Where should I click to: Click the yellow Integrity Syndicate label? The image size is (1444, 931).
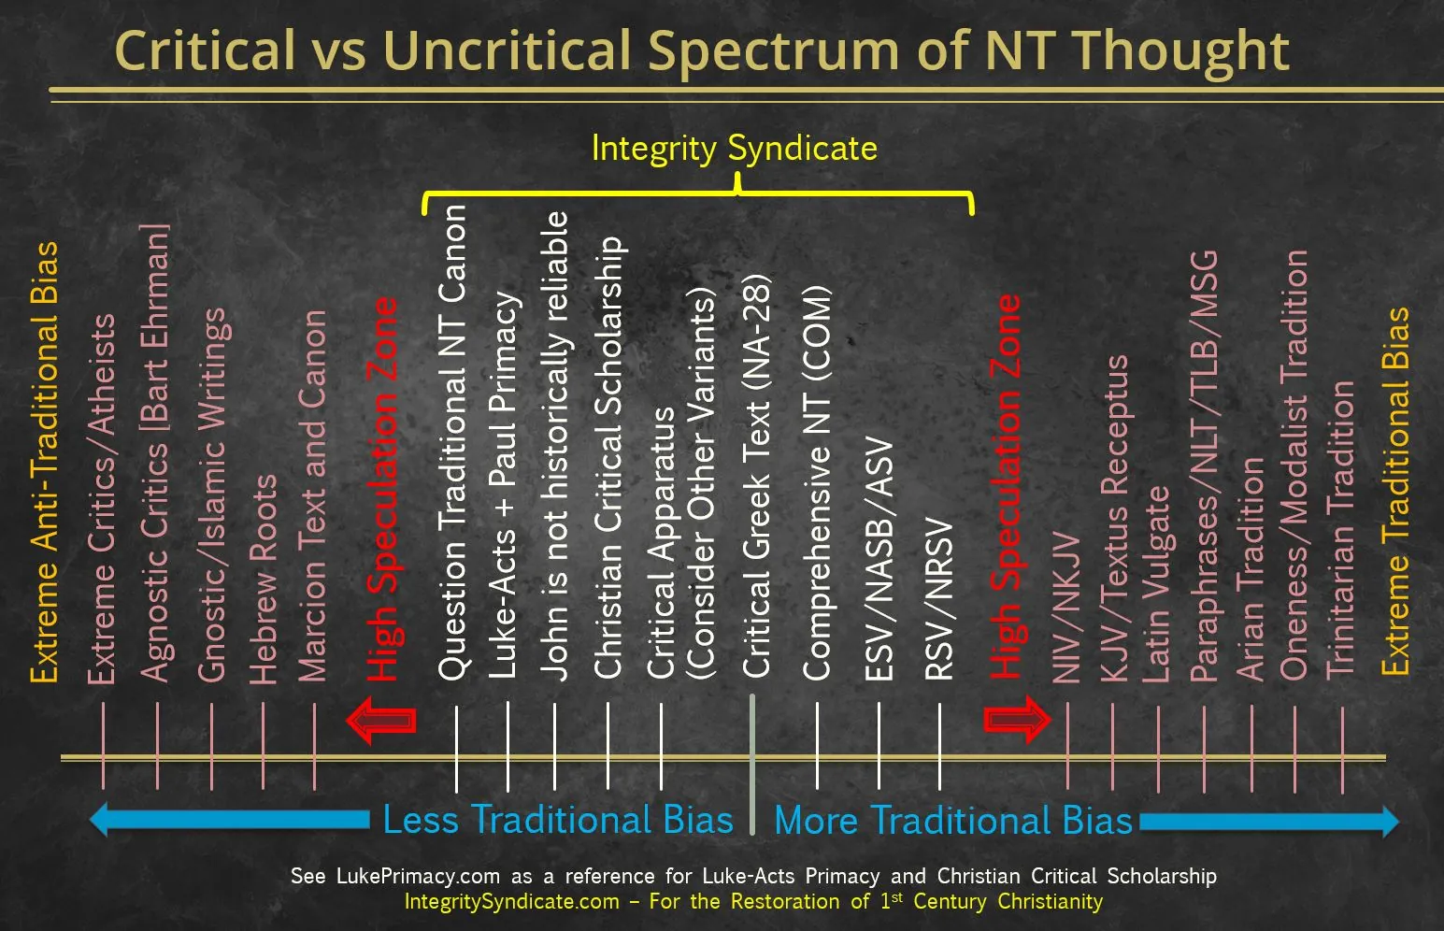click(x=735, y=150)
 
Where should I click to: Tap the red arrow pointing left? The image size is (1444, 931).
click(x=381, y=720)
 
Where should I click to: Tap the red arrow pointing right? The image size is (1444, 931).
click(x=1017, y=720)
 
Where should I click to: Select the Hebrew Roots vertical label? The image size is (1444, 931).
click(x=263, y=580)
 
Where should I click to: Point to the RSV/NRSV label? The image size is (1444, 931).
click(x=938, y=598)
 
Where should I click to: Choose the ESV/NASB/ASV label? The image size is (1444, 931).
click(x=879, y=558)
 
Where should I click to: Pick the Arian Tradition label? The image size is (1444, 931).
click(x=1250, y=569)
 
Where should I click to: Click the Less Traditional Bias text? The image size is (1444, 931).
click(x=558, y=820)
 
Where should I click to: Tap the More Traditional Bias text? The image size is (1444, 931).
click(x=952, y=820)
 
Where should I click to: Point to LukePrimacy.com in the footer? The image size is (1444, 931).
click(x=419, y=876)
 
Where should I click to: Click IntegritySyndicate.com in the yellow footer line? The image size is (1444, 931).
click(x=512, y=901)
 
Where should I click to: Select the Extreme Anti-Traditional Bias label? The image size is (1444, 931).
click(x=44, y=463)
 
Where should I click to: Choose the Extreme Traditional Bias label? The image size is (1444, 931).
click(x=1395, y=492)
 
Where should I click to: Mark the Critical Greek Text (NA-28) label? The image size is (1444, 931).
click(x=755, y=476)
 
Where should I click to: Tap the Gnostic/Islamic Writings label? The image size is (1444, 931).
click(x=213, y=494)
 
